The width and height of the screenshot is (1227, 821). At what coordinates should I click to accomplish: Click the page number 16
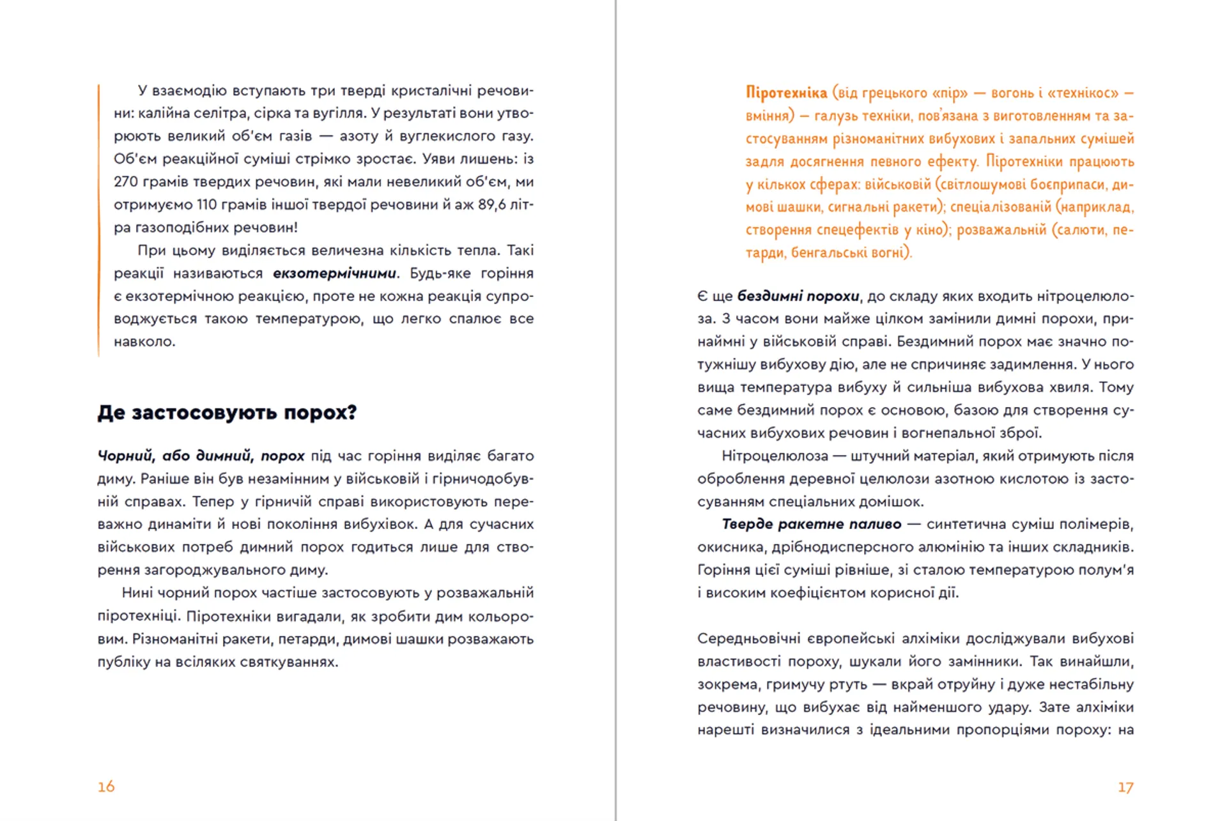tap(106, 786)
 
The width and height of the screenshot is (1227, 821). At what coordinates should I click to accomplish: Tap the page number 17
tap(1125, 788)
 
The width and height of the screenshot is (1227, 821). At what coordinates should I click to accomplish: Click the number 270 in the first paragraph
tap(126, 182)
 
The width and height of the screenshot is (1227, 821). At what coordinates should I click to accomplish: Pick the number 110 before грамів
tap(207, 205)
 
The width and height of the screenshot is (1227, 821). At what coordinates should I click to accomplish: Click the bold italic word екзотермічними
tap(334, 273)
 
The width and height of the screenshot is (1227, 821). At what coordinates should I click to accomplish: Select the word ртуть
tap(847, 685)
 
